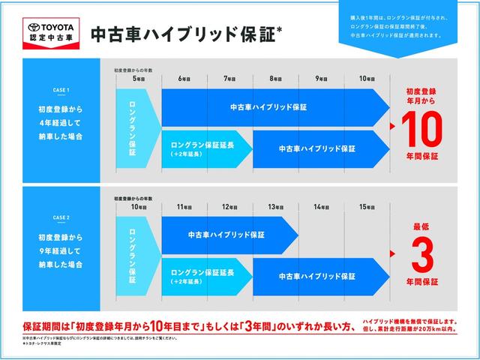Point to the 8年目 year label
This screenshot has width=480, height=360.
(274, 79)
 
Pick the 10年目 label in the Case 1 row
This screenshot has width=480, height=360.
(367, 79)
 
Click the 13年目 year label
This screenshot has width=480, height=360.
(274, 207)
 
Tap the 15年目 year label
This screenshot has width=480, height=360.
(367, 207)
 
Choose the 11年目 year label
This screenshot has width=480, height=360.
(183, 207)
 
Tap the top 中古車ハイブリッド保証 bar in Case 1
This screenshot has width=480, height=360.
(268, 107)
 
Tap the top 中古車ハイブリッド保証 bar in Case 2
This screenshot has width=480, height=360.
(225, 234)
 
